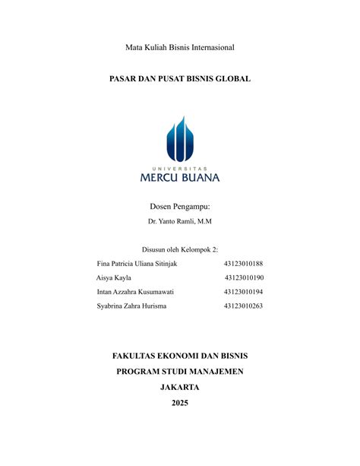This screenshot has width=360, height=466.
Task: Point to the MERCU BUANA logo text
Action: coord(180,178)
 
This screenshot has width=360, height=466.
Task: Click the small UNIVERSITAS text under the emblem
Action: coord(180,166)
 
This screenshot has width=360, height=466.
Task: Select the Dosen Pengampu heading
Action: coord(180,206)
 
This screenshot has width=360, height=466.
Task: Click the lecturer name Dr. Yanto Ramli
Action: coord(180,221)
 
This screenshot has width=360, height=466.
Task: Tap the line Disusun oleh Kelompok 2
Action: coord(180,249)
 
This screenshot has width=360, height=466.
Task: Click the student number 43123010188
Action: coord(243,263)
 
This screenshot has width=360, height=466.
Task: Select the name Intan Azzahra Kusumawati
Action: coord(135,291)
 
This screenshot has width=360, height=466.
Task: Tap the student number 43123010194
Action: coord(243,291)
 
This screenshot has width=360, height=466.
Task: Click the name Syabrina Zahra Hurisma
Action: coord(131,306)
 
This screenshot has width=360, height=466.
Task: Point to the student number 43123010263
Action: coord(243,306)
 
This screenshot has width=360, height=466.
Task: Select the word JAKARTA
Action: coord(180,387)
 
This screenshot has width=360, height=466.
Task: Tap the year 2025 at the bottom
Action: coord(180,403)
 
